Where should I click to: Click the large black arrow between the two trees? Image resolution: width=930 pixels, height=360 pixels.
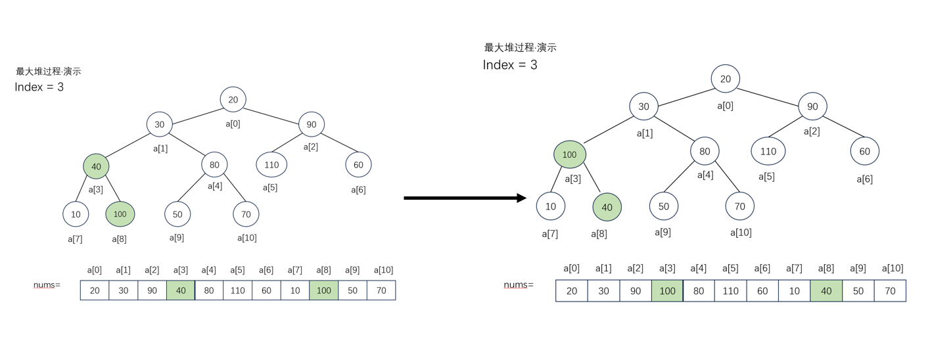[x=465, y=198]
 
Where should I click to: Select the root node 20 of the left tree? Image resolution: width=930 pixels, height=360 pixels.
[x=233, y=100]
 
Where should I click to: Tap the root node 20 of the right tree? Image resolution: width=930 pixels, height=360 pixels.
[x=725, y=79]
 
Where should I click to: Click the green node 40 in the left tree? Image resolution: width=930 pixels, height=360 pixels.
[x=96, y=167]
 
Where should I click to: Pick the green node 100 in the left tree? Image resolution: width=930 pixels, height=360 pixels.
[x=120, y=214]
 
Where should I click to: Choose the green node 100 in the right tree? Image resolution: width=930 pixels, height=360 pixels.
[x=570, y=155]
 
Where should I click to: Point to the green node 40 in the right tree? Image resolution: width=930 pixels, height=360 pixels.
[x=607, y=207]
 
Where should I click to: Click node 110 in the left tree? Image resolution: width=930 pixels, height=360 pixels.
[x=271, y=165]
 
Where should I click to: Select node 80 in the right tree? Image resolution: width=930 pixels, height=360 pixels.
[x=705, y=151]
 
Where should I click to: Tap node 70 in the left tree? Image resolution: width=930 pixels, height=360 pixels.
[x=246, y=214]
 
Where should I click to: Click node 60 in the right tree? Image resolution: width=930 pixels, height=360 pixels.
[x=864, y=151]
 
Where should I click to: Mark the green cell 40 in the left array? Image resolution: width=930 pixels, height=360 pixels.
[x=181, y=290]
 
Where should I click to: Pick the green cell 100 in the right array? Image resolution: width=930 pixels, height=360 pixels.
[x=667, y=291]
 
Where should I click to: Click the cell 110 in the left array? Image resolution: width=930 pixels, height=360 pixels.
[x=237, y=290]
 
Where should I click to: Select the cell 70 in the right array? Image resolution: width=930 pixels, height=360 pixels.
[x=890, y=291]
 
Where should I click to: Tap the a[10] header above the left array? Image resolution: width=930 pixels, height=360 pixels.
[x=383, y=270]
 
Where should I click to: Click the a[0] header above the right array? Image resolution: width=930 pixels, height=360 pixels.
[x=572, y=268]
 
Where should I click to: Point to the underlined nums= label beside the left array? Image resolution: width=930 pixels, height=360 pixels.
[x=47, y=284]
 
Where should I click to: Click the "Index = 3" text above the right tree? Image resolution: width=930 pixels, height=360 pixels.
[x=510, y=65]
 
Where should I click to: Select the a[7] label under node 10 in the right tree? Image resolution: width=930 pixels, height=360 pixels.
[x=549, y=234]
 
